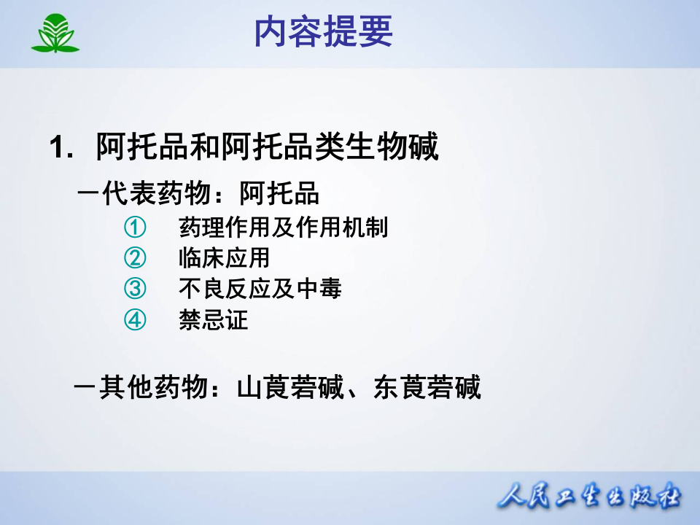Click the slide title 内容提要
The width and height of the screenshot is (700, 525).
324,33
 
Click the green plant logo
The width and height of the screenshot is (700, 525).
55,34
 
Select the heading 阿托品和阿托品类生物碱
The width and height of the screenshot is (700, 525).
267,148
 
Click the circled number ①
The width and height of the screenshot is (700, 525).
135,228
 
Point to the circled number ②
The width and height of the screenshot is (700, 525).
135,258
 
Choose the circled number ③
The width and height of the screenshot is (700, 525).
135,289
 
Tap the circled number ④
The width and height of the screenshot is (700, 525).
135,319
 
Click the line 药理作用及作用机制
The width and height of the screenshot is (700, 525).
283,228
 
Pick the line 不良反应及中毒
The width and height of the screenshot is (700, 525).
260,289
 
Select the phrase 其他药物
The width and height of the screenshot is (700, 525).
152,387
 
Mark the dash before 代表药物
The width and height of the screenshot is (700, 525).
88,195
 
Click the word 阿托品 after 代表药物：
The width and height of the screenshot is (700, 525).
279,195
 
